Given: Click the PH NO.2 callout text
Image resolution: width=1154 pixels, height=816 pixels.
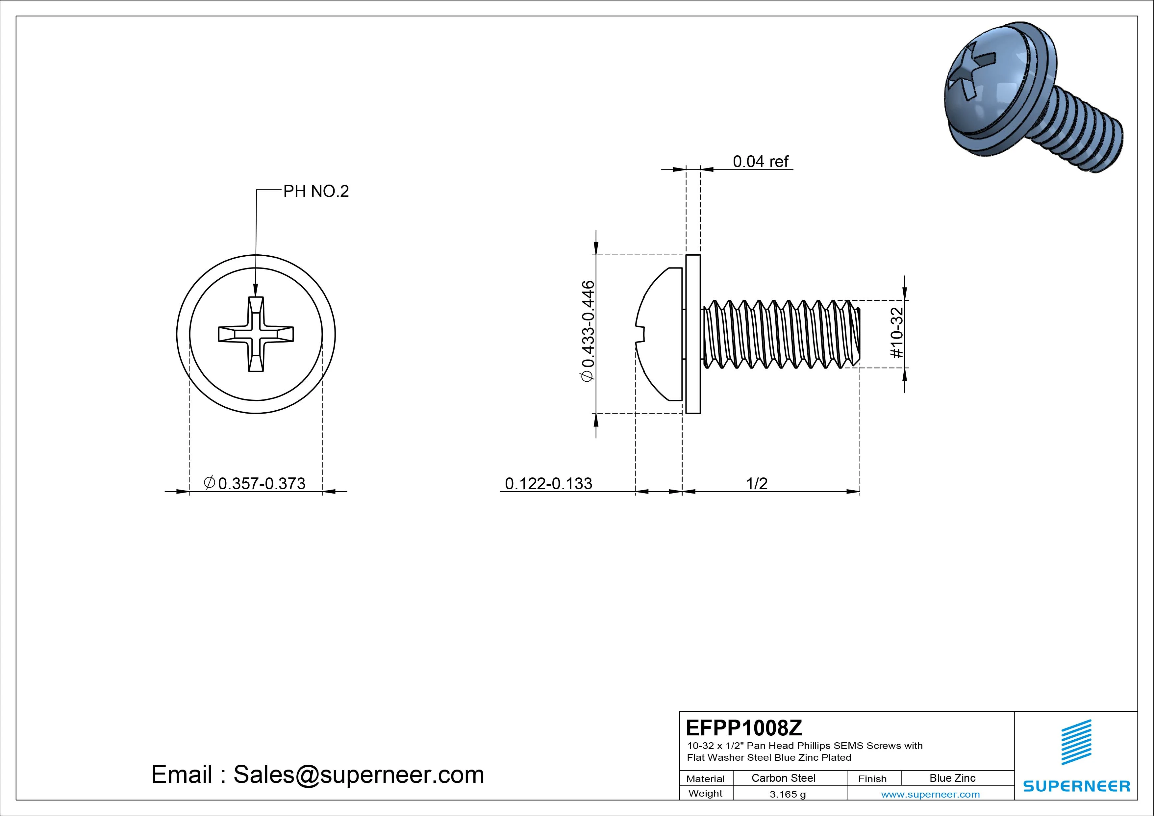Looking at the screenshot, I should click(x=316, y=191).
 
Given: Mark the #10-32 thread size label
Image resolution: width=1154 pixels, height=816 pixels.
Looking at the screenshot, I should click(x=897, y=333).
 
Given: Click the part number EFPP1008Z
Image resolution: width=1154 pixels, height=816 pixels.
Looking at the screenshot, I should click(x=744, y=727).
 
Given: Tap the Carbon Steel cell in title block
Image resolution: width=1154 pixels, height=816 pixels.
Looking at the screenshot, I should click(x=783, y=778).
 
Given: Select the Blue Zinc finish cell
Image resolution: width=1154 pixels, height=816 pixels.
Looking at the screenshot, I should click(x=952, y=778).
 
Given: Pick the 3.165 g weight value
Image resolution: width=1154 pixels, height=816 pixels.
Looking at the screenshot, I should click(x=787, y=794).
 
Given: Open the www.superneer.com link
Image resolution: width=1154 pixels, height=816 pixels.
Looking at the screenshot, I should click(x=930, y=794).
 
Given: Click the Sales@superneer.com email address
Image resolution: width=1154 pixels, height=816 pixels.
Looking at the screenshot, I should click(x=358, y=775).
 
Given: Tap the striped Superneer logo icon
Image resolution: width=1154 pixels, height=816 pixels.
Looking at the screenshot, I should click(x=1076, y=742).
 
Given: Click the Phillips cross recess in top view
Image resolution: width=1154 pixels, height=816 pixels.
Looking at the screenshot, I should click(x=256, y=334).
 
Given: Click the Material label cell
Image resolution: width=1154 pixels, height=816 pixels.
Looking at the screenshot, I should click(x=705, y=778).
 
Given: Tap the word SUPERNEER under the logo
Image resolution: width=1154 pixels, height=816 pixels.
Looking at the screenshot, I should click(x=1076, y=786).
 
